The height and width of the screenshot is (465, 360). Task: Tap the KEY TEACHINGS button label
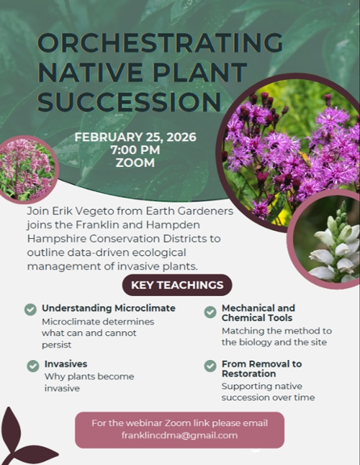coord(177,285)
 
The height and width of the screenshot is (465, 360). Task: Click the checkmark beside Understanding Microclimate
coord(30,310)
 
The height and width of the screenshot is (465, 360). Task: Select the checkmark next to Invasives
coord(33,366)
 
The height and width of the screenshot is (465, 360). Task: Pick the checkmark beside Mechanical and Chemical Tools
coord(210,312)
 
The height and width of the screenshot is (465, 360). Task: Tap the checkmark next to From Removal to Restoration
coord(210,366)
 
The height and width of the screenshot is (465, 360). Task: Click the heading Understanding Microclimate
coord(108,309)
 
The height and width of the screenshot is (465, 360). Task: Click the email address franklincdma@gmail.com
coord(179,435)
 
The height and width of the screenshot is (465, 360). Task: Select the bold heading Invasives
coord(66,364)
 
